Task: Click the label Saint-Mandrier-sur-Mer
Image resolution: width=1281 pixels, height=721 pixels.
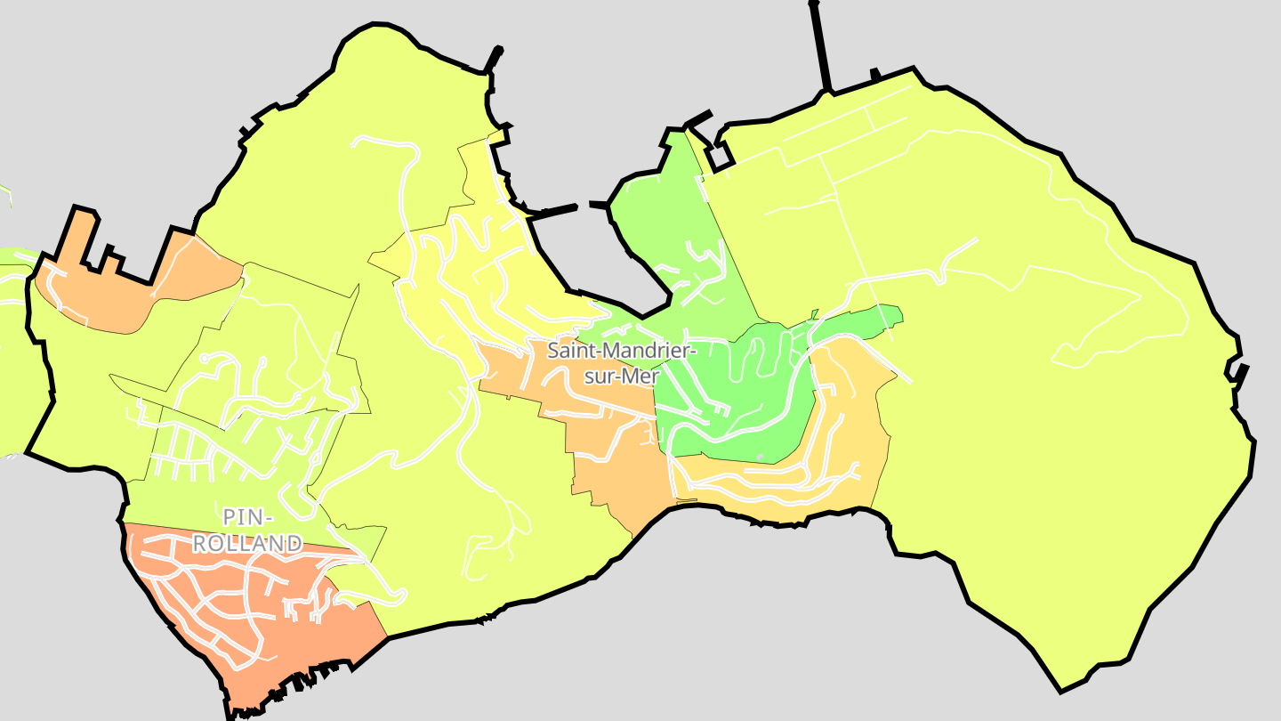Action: pos(620,363)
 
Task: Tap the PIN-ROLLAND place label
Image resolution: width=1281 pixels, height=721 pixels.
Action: pos(247,530)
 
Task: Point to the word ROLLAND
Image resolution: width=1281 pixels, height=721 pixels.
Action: pos(247,543)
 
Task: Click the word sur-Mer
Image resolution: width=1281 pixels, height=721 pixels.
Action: pos(620,377)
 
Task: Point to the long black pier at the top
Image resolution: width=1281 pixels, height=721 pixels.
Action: pos(820,45)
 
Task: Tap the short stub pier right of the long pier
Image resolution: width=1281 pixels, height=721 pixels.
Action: pos(875,74)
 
